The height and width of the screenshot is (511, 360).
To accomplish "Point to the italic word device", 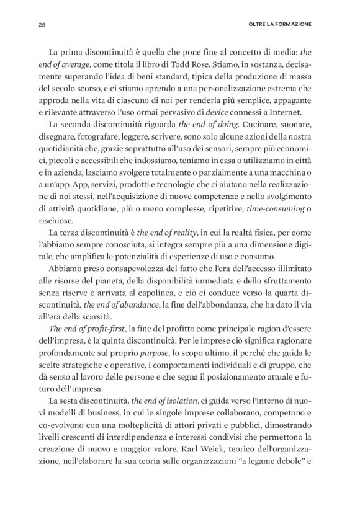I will (216, 111).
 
